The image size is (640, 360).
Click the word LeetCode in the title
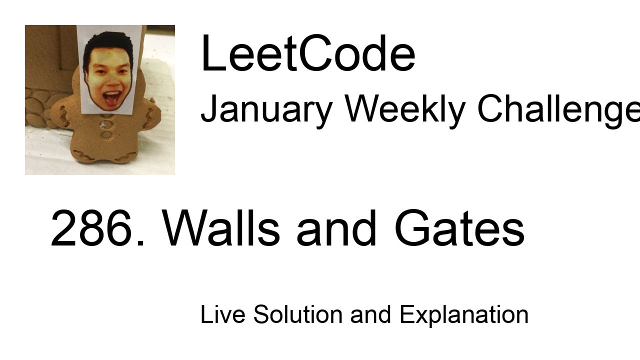click(x=307, y=54)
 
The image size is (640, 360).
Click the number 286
click(x=98, y=228)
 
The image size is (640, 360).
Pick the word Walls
click(x=221, y=228)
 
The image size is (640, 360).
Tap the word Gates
click(x=459, y=228)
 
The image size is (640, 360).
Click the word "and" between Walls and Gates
click(x=336, y=228)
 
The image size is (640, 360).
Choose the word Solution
click(x=297, y=314)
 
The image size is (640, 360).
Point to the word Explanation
click(x=463, y=314)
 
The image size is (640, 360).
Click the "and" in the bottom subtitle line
click(x=370, y=314)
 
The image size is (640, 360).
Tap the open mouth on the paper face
click(x=111, y=96)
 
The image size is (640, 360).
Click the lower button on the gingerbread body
click(x=106, y=134)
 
